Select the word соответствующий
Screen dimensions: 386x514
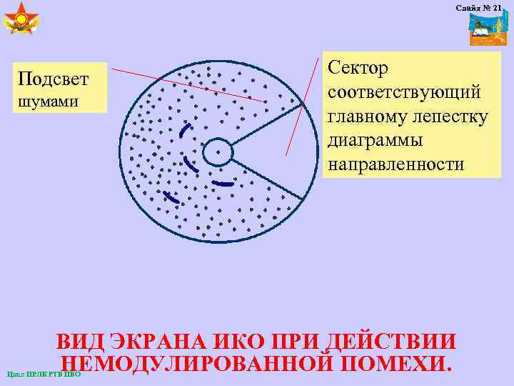[404, 93]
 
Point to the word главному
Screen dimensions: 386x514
[371, 117]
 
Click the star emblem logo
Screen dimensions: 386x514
[21, 19]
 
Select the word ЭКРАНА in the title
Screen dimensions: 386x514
[156, 341]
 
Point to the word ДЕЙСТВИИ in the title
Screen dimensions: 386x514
[390, 341]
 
